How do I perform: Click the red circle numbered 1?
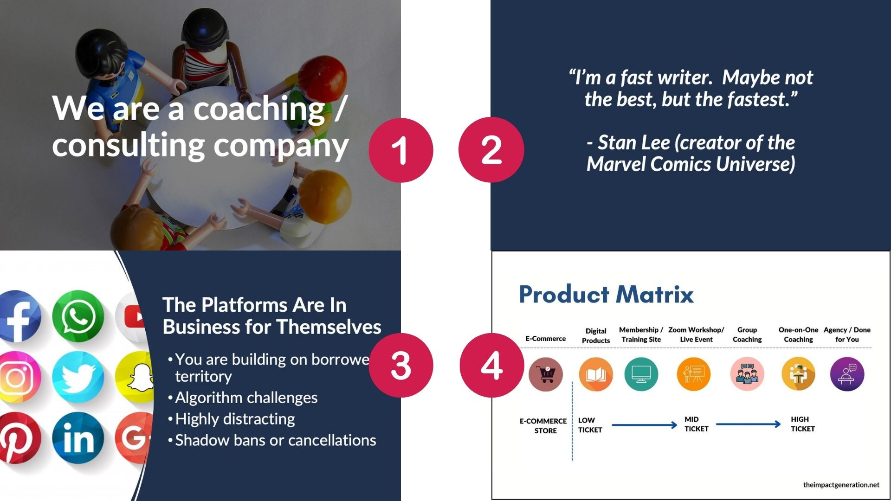pos(400,150)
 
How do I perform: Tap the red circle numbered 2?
pos(491,150)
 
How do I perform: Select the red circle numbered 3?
pos(401,365)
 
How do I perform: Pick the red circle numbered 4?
pos(492,365)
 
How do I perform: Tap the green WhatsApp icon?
pos(78,316)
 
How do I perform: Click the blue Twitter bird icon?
pos(78,377)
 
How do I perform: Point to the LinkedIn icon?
pos(78,438)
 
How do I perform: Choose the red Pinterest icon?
pos(19,438)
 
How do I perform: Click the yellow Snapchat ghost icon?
pos(136,377)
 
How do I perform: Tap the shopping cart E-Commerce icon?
pos(546,374)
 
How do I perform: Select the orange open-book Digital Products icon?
pos(596,374)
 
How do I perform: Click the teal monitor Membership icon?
pos(641,374)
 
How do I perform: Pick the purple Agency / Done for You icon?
pos(847,374)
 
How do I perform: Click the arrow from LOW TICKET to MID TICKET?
pos(645,425)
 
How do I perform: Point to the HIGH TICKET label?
pos(803,424)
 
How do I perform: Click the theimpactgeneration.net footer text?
pos(841,485)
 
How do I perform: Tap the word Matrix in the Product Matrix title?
pos(655,294)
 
